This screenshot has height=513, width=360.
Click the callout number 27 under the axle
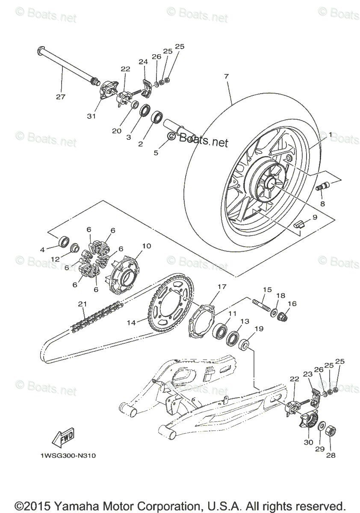61,97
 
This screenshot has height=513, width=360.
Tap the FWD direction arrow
62,437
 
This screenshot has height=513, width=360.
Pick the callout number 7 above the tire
226,77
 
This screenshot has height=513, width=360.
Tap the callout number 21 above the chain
83,304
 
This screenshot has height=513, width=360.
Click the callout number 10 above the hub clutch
147,246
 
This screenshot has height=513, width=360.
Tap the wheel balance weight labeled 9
299,223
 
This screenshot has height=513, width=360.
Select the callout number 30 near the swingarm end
309,443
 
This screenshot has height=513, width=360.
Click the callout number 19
259,329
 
